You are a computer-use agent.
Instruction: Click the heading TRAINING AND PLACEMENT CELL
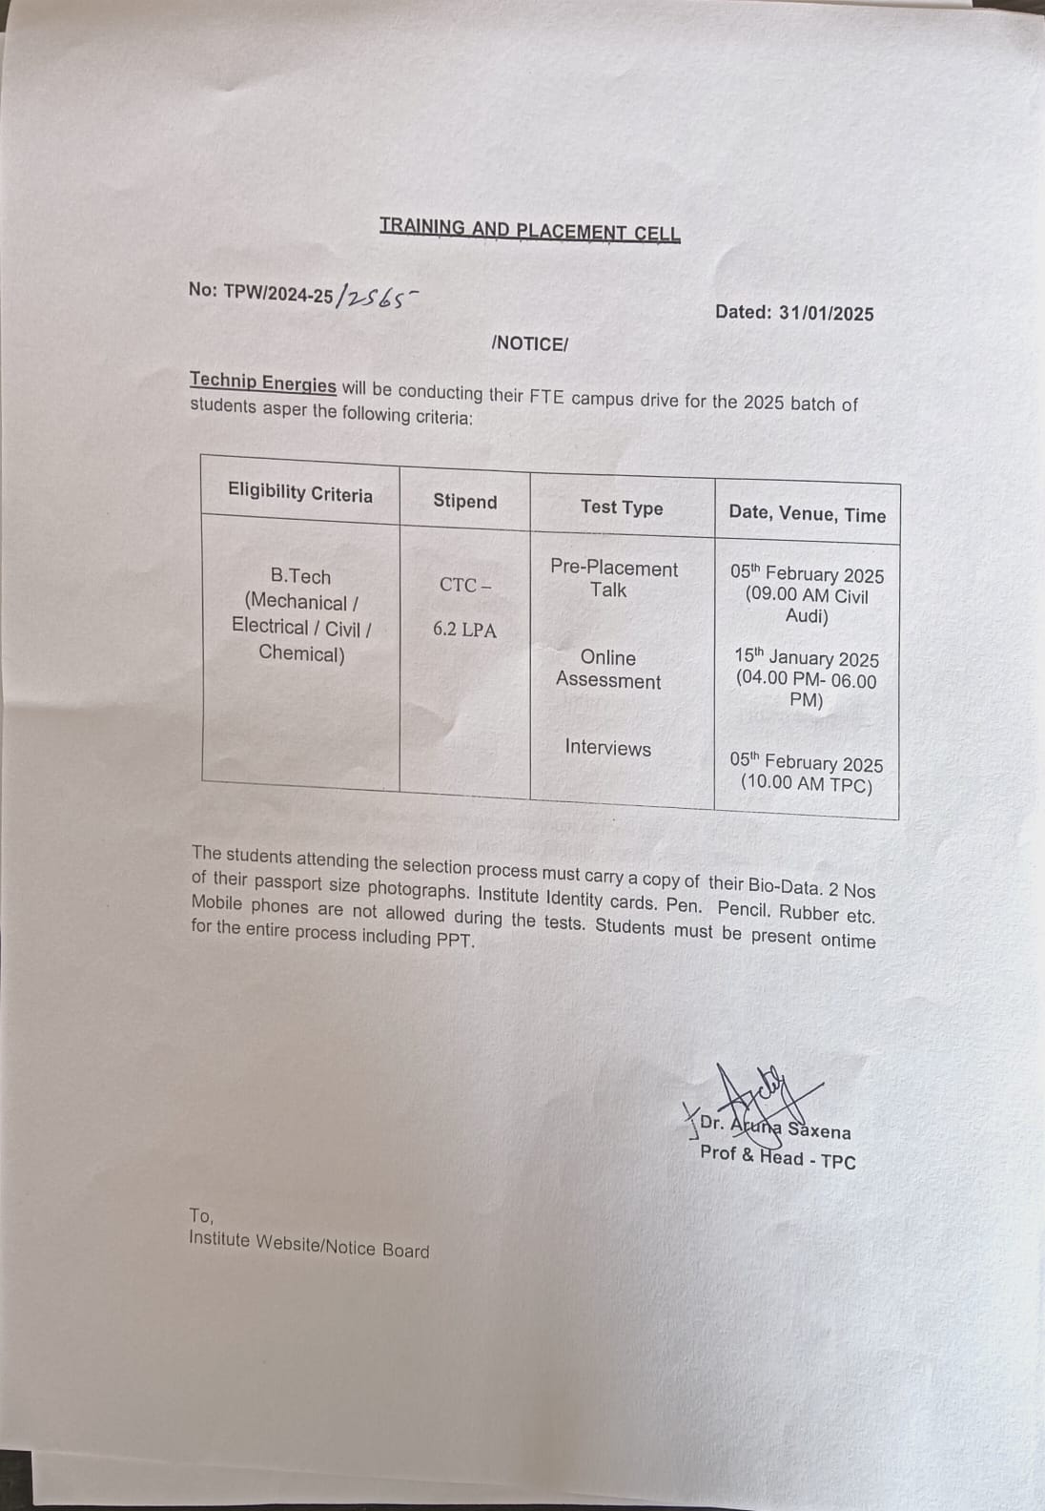pos(529,229)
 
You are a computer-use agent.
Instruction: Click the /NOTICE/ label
pos(529,343)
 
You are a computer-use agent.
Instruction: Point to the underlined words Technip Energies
pos(262,383)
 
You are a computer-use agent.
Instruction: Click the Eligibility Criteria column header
pos(299,493)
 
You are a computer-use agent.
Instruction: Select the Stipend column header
pos(464,502)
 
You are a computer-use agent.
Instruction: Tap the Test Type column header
pos(622,507)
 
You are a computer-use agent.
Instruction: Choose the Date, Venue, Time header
pos(807,514)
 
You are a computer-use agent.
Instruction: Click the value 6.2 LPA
pos(464,630)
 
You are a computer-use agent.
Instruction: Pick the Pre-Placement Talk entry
pos(613,579)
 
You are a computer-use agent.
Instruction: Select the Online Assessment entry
pos(608,669)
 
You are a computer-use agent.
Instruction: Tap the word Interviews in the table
pos(607,748)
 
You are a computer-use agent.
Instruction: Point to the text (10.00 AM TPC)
pos(807,785)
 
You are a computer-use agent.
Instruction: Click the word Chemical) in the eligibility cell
pos(301,653)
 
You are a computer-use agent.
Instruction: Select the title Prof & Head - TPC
pos(777,1157)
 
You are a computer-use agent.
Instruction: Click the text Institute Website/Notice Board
pos(309,1244)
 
